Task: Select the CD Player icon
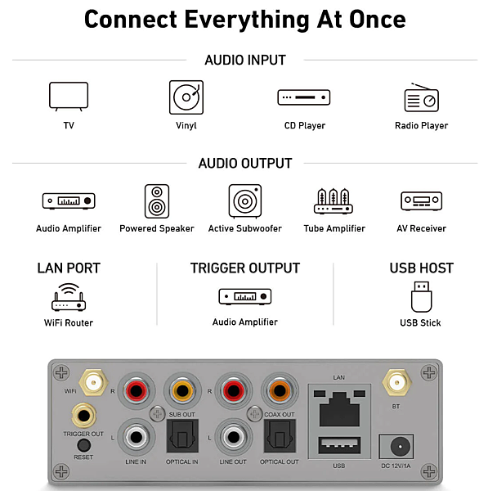pos(304,97)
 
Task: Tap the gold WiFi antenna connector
pos(93,382)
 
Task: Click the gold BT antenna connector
pos(396,382)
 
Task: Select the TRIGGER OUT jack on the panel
pos(83,416)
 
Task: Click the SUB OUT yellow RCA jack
pos(182,391)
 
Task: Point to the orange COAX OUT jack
pos(280,391)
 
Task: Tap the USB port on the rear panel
pos(339,445)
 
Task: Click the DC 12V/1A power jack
pos(396,447)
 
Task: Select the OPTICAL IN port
pos(182,436)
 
